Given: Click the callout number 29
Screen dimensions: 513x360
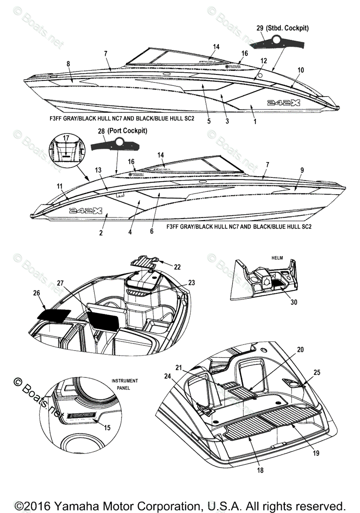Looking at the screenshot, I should [260, 28].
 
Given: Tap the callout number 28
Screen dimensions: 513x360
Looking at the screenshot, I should [101, 131].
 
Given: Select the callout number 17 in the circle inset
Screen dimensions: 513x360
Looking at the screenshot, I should [66, 138].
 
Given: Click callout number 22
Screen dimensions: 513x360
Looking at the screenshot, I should [177, 267].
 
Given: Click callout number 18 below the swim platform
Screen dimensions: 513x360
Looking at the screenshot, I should [260, 470].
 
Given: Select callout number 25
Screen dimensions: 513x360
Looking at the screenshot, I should [316, 373].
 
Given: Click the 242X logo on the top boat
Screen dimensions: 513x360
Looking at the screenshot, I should [280, 103].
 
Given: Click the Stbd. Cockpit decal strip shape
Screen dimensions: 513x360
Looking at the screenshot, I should [278, 42].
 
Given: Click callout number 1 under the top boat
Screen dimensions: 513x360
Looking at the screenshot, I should [255, 121].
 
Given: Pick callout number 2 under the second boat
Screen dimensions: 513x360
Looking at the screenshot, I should [101, 233].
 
